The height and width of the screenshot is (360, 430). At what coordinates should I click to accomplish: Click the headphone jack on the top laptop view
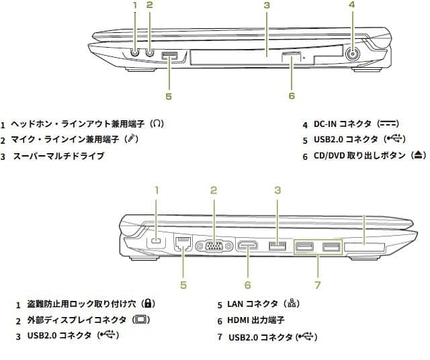tap(135, 49)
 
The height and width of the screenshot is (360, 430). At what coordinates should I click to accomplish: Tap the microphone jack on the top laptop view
tap(149, 49)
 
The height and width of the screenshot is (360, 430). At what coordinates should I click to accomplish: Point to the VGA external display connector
tap(214, 246)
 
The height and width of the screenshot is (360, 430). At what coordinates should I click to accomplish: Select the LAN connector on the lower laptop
tap(182, 243)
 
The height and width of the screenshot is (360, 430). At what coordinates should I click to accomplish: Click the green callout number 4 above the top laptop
tap(351, 5)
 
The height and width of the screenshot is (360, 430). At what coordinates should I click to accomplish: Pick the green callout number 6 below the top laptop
tap(292, 95)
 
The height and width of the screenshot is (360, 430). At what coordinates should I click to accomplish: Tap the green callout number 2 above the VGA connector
tap(213, 190)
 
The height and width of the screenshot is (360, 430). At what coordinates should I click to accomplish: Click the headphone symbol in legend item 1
tap(157, 124)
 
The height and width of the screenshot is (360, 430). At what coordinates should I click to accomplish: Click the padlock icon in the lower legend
tap(149, 304)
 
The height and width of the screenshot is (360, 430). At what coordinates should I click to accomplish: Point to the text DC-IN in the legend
tap(325, 124)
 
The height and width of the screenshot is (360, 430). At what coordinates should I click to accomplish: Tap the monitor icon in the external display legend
tap(141, 320)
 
